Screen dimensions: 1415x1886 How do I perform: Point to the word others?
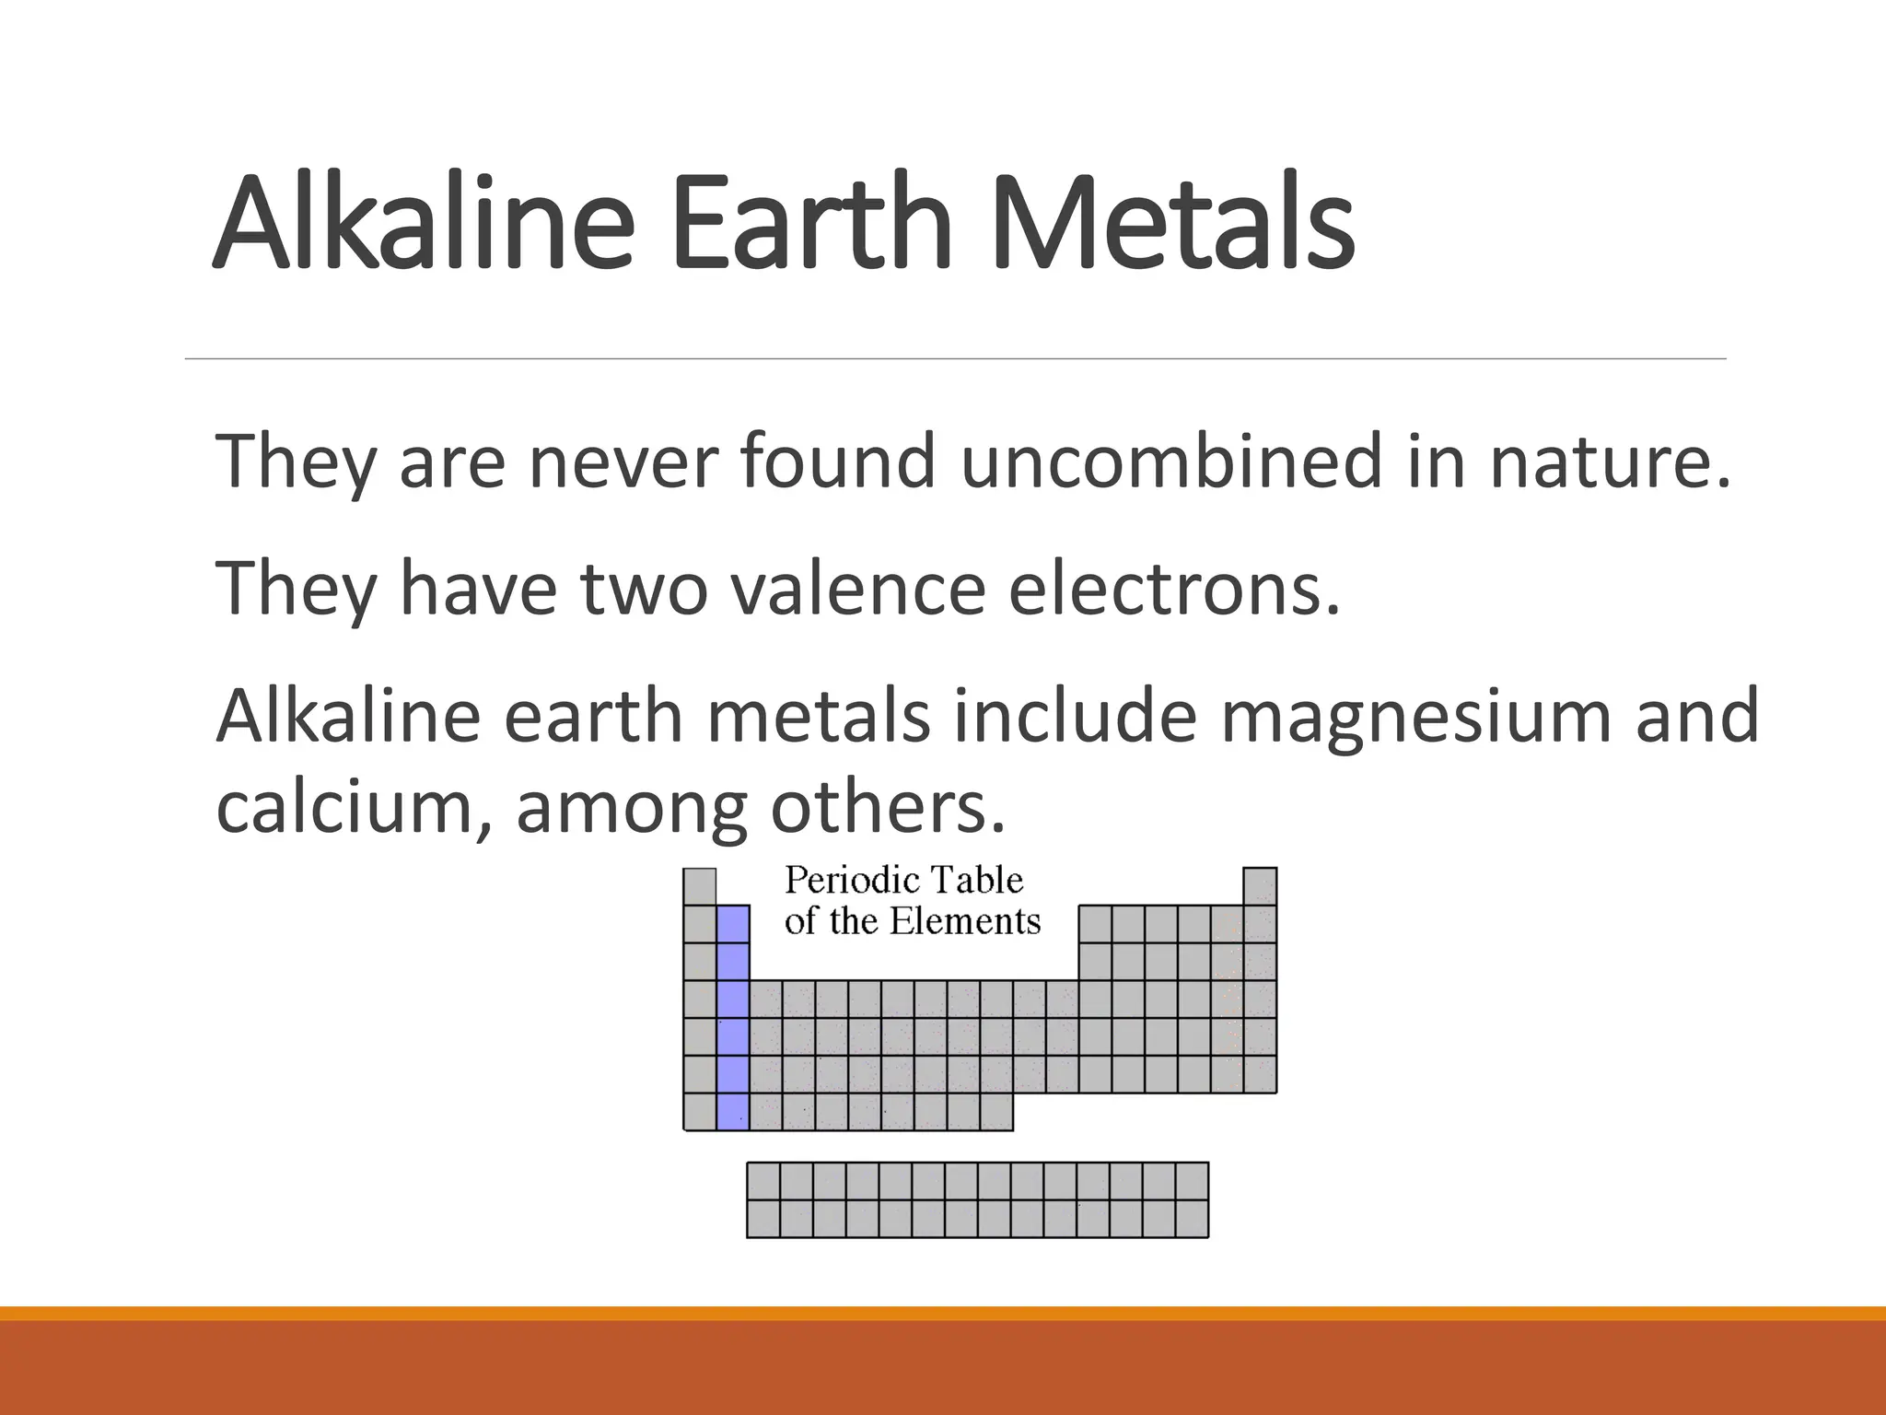(x=887, y=807)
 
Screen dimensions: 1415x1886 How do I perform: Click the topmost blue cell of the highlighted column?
(x=733, y=924)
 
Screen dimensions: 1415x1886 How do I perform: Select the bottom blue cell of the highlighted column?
(x=733, y=1112)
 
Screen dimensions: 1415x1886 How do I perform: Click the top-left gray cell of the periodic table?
(x=700, y=886)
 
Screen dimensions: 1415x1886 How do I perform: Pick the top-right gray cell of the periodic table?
(x=1260, y=886)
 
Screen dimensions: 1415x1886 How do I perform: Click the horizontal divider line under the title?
(x=955, y=358)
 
